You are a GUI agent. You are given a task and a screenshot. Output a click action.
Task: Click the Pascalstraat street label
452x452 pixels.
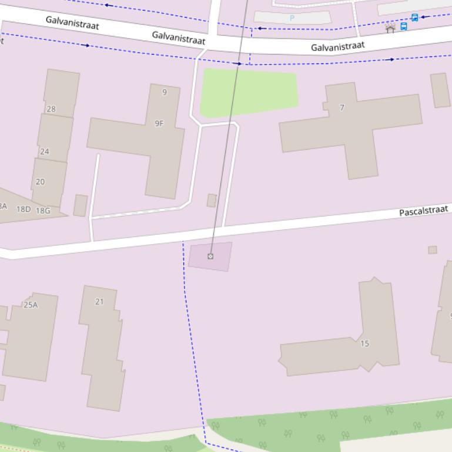tap(423, 211)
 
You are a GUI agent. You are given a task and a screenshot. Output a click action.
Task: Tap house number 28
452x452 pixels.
tap(51, 109)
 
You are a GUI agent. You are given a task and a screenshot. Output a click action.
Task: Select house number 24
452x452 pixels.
tap(45, 151)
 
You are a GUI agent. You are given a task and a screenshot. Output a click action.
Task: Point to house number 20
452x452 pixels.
tap(40, 181)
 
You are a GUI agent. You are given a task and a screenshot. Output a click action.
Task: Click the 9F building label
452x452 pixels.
tap(159, 123)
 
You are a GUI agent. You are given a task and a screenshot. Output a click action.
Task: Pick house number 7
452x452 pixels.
tap(342, 107)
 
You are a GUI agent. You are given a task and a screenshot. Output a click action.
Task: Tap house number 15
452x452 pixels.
tap(364, 343)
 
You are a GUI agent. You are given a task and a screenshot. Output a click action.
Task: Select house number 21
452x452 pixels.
tap(99, 302)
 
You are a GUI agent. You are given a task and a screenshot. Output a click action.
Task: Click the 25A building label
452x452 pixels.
tap(31, 305)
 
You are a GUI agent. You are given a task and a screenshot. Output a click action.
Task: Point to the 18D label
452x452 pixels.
tap(24, 209)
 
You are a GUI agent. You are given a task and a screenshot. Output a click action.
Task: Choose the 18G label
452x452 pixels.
tap(43, 211)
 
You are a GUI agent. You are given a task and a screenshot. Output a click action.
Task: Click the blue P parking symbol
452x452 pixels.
tap(292, 18)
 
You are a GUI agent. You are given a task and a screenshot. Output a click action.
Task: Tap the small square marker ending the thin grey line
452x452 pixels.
tap(210, 256)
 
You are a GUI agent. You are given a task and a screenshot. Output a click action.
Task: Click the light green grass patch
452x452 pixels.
tap(249, 92)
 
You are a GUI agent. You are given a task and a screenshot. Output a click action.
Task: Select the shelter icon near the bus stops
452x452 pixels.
tap(390, 28)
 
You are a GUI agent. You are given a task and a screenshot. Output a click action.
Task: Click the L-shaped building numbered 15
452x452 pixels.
tap(329, 355)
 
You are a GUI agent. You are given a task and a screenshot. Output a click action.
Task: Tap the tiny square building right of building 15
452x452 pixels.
tap(433, 249)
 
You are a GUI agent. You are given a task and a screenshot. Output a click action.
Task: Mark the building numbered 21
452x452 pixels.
tap(103, 352)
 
